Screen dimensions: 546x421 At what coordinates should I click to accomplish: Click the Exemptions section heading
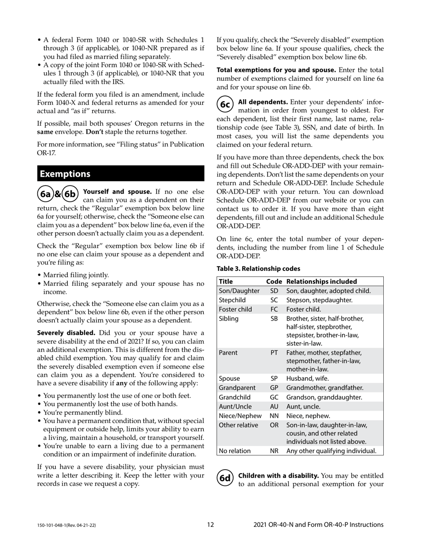(x=65, y=174)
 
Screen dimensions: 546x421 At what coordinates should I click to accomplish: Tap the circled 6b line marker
(x=70, y=194)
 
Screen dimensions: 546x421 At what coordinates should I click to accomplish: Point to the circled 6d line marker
(x=225, y=478)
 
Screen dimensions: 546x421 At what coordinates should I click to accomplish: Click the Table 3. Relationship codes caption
(x=258, y=269)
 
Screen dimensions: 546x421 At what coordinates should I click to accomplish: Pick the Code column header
(x=274, y=281)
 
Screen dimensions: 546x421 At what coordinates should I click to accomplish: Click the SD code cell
(x=274, y=291)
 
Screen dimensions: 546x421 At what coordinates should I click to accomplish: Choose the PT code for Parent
(x=274, y=353)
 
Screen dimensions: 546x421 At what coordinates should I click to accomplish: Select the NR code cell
(x=274, y=451)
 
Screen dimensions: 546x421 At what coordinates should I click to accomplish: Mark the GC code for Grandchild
(x=274, y=397)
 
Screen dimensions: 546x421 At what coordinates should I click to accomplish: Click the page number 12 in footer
(x=210, y=525)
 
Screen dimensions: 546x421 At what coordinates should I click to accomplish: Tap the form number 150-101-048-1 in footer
(x=66, y=526)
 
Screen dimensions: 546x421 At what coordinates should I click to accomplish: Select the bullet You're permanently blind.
(x=82, y=412)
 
